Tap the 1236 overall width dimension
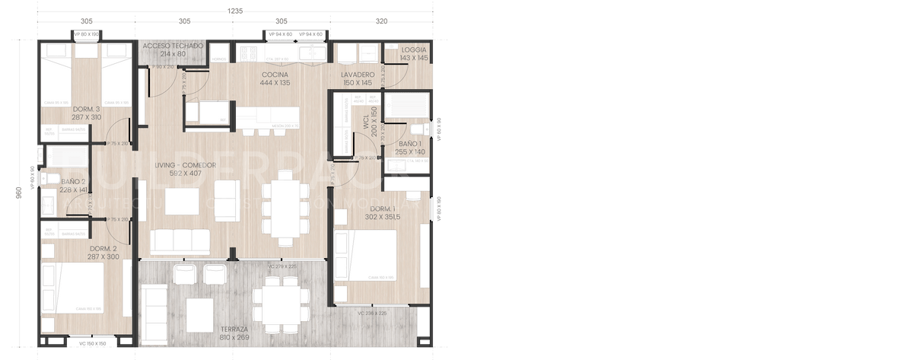[237, 10]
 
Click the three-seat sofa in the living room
[180, 241]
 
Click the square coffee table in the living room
[181, 201]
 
